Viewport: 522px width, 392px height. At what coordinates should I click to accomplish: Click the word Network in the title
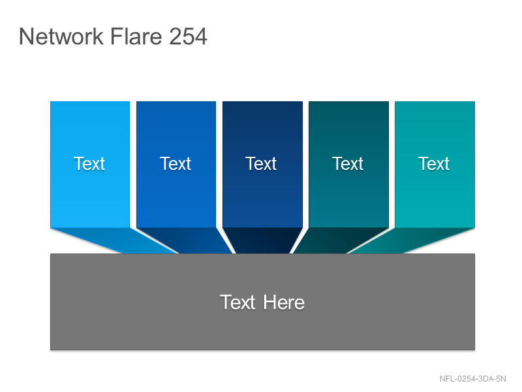point(61,36)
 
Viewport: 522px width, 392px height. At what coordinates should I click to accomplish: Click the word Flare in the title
point(136,36)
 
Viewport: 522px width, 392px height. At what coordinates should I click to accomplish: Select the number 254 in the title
point(188,36)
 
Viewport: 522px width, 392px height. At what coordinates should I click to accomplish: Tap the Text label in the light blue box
point(89,164)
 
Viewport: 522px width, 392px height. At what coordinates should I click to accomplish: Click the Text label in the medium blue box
point(176,164)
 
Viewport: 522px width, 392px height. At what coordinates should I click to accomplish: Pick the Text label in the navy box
point(261,164)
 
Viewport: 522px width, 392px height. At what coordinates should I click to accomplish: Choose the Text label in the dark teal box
point(348,164)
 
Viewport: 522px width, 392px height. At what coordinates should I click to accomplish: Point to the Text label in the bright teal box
point(434,164)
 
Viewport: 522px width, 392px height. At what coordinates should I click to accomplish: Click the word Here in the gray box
point(284,302)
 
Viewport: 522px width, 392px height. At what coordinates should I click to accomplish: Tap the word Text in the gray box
point(238,302)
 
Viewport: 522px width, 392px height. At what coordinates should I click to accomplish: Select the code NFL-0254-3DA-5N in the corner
point(472,379)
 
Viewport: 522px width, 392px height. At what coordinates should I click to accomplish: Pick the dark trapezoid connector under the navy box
point(262,240)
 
